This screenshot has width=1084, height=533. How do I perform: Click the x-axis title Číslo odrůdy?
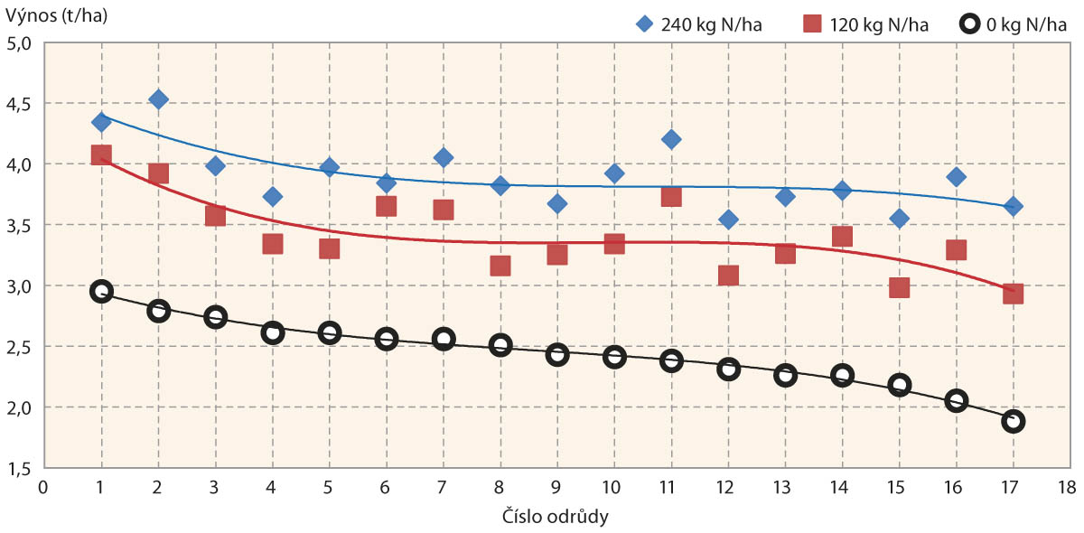click(555, 518)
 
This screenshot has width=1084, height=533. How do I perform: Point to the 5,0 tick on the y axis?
click(20, 43)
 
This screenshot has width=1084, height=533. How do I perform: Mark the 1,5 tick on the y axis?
click(20, 469)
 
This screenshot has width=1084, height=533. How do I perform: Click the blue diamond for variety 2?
click(158, 99)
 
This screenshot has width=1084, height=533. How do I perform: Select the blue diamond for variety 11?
click(670, 139)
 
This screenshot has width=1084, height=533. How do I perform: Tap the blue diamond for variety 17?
click(1013, 206)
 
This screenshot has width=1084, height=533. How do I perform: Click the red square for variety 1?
click(101, 155)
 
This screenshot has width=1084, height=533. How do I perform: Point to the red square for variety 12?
click(728, 275)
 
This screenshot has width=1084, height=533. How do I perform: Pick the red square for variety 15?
click(899, 287)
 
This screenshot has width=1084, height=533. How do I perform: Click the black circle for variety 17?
click(1013, 421)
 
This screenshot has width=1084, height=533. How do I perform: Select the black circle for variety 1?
click(101, 291)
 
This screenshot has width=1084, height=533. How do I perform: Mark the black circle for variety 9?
click(557, 354)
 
